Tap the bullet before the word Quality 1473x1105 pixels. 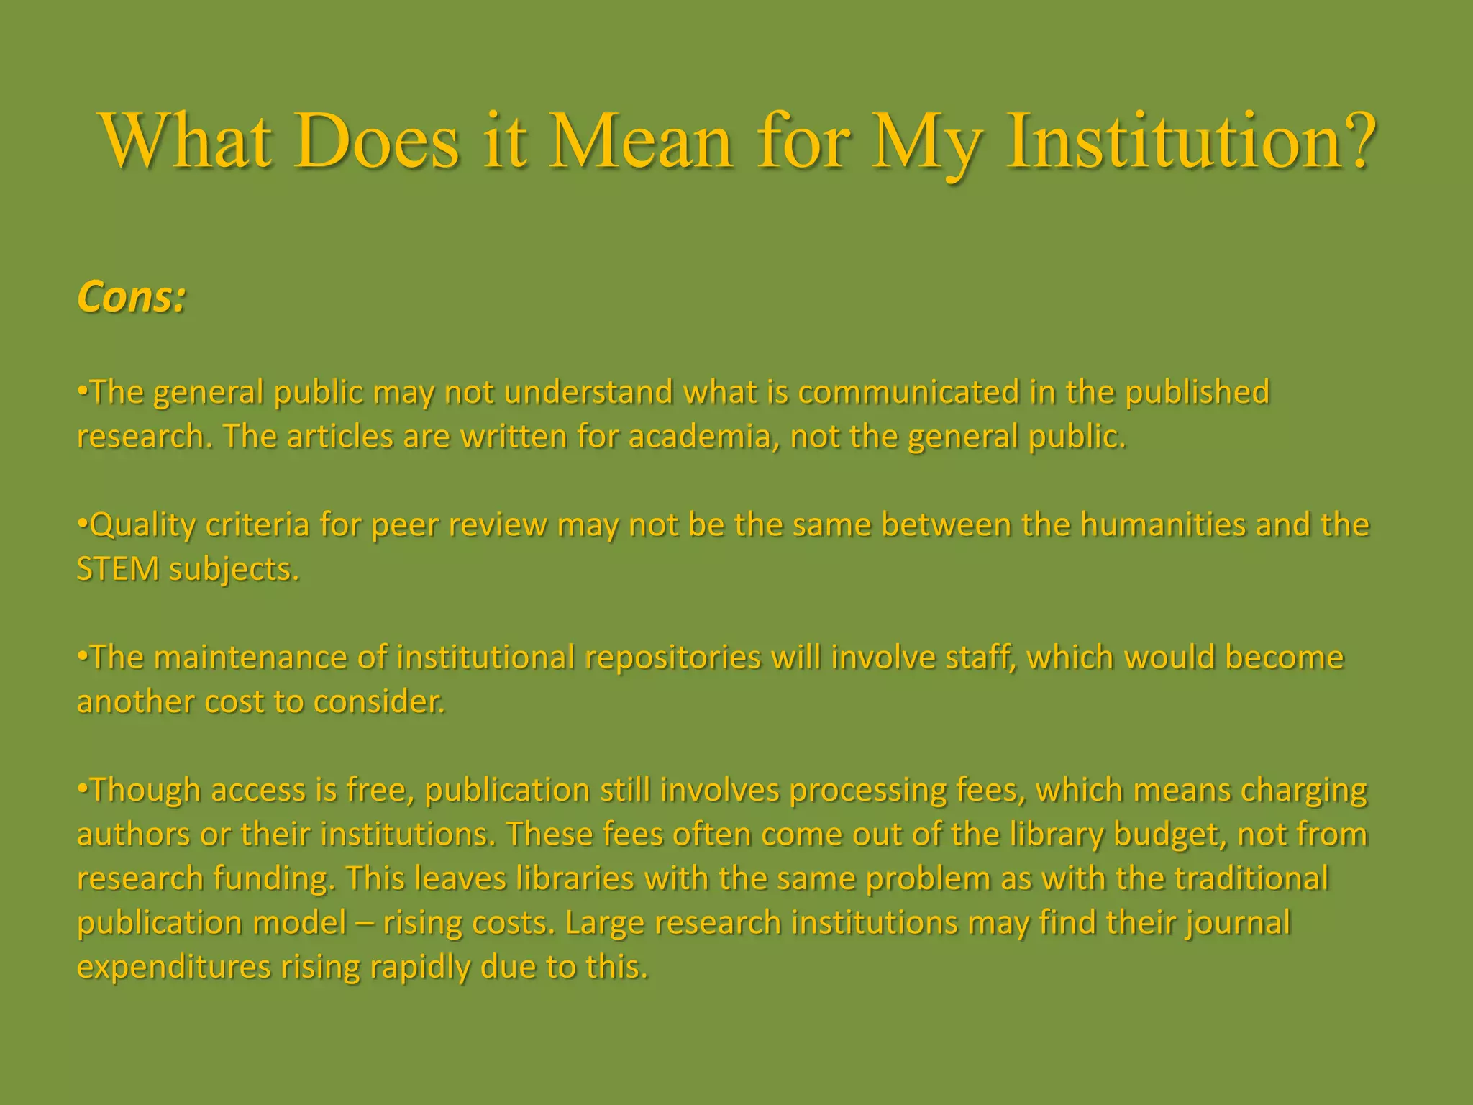pos(82,524)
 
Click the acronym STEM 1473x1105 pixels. pos(117,570)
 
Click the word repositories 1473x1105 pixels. pos(672,658)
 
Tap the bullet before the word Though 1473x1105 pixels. pos(82,789)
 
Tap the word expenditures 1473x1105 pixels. pos(173,968)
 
